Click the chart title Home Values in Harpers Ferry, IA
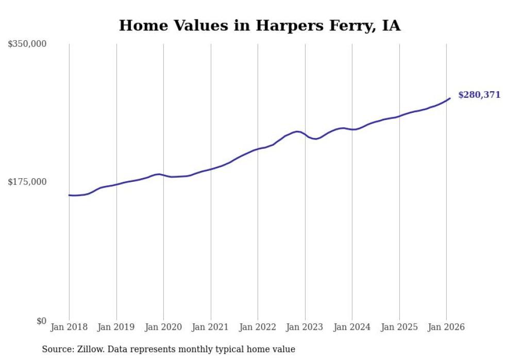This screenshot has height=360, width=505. pos(259,25)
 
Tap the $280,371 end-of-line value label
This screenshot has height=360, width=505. pos(479,95)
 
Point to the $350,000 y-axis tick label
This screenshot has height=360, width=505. pos(27,44)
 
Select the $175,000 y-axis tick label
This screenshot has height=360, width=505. pos(27,182)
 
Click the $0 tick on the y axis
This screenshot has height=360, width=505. pos(41,321)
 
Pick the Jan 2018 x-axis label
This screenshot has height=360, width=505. pos(69,327)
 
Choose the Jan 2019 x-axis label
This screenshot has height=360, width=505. pos(116,327)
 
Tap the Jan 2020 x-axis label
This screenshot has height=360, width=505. pos(163,327)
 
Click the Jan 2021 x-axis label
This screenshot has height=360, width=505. pos(211,327)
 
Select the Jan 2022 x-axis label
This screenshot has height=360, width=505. pos(258,327)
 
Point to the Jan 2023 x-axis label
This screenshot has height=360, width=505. pos(305,327)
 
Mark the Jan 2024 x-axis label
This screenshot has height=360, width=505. pos(352,327)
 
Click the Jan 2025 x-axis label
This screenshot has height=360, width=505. pos(399,327)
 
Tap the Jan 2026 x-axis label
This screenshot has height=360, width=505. pos(446,327)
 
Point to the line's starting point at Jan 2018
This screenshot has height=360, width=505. pos(69,195)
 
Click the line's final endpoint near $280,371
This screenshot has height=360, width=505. pos(450,98)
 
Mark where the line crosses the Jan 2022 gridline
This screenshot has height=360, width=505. pos(258,149)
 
